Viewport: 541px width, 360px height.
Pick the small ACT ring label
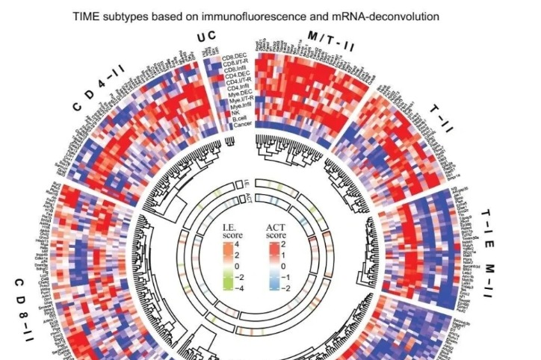tap(249, 196)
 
